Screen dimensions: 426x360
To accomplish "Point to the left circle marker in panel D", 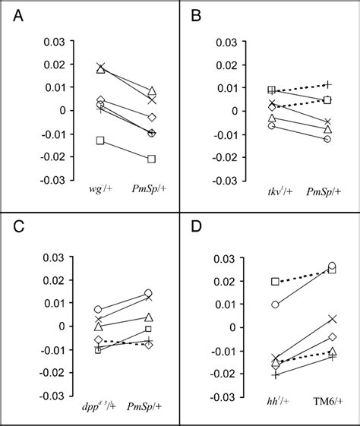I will [x=276, y=305].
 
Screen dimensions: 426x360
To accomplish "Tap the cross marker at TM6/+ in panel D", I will [x=332, y=319].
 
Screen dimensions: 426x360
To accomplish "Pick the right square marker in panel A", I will [x=151, y=159].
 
